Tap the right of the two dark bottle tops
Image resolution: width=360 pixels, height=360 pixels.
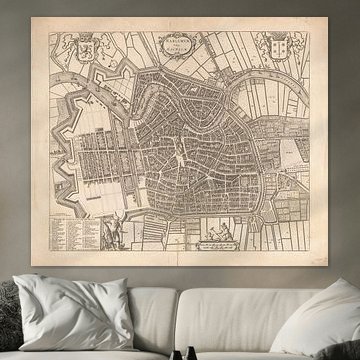pyautogui.click(x=192, y=353)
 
